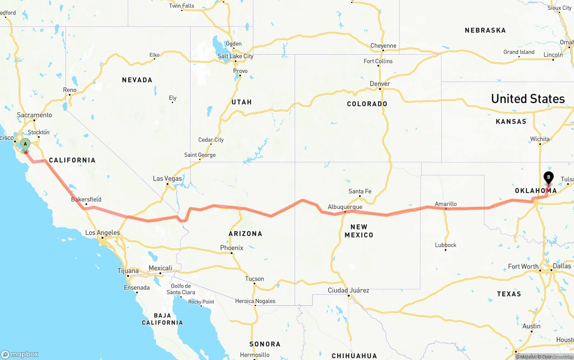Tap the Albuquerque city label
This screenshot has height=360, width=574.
345,207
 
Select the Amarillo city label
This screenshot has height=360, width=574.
446,204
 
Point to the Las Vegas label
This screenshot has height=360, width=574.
167,178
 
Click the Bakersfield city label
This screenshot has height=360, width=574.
86,200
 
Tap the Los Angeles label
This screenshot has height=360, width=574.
103,233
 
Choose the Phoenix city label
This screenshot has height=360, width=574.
231,248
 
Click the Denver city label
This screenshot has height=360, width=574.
380,84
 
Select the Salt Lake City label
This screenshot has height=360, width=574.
235,56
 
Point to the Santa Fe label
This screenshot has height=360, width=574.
360,191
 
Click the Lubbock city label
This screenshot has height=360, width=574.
446,245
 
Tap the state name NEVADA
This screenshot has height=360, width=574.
137,80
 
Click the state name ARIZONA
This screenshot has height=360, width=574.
245,234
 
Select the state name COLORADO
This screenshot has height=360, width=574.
367,104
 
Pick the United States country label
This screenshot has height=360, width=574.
528,99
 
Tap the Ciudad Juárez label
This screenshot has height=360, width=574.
348,290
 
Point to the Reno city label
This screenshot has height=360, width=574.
70,90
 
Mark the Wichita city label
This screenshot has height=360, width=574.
539,139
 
